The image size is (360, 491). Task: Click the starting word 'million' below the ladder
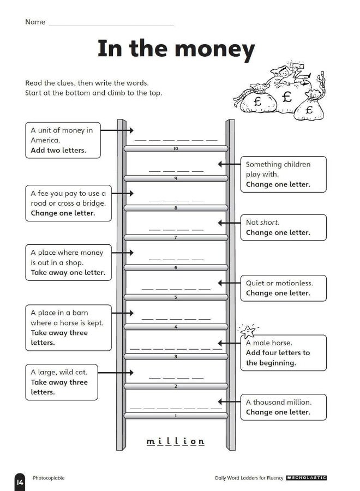pos(176,441)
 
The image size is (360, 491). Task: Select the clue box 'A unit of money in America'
pos(63,140)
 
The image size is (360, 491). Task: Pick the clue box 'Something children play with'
pos(283,174)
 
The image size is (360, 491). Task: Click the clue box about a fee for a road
pos(65,203)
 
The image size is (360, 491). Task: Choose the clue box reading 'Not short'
pos(283,227)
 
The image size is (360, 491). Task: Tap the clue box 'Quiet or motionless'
pos(283,288)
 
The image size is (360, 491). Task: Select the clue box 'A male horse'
pos(283,352)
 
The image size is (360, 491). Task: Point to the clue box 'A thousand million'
pos(283,407)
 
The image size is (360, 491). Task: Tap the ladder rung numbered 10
pos(176,148)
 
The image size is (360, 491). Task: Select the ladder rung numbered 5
pos(176,297)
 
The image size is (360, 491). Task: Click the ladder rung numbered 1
pos(176,416)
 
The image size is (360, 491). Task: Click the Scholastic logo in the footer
pos(306,478)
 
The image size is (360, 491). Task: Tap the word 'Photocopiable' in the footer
pos(49,478)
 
